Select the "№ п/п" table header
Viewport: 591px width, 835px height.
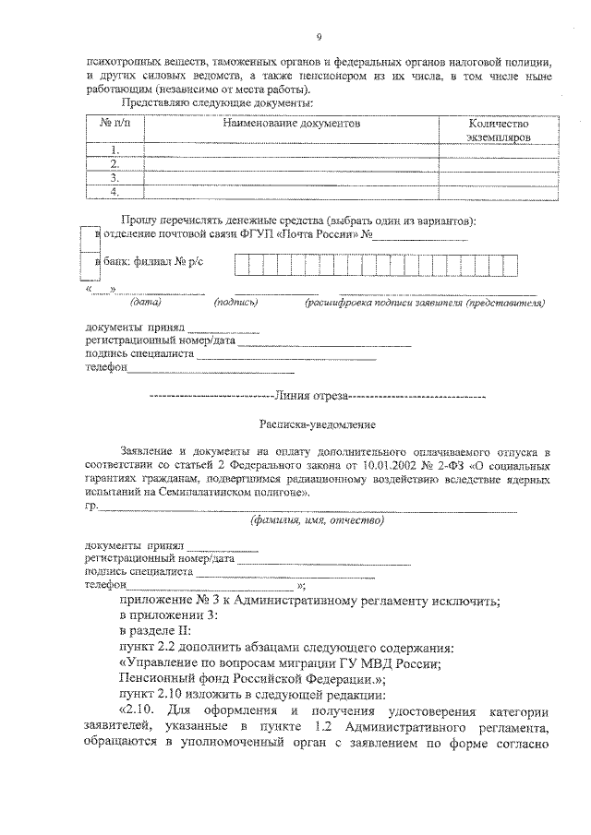coord(115,123)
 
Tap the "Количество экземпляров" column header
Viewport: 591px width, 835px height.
coord(498,129)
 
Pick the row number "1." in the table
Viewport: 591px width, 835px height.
coord(115,149)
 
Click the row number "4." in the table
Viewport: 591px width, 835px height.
coord(115,192)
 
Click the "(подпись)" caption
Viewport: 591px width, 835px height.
coord(235,302)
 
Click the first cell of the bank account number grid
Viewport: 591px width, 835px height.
coord(239,265)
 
